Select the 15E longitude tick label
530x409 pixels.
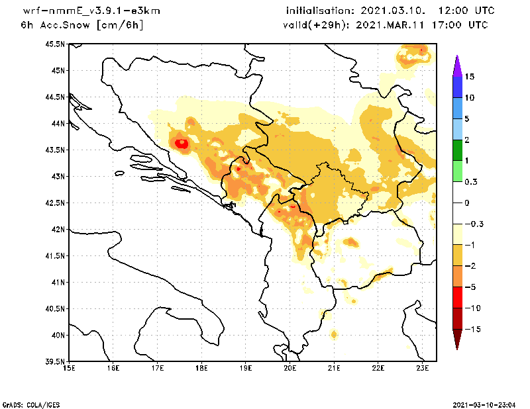pyautogui.click(x=69, y=368)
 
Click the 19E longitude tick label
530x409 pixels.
pyautogui.click(x=246, y=368)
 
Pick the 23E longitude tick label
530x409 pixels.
pyautogui.click(x=423, y=368)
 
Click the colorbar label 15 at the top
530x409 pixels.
pyautogui.click(x=469, y=77)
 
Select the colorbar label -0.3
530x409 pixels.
pyautogui.click(x=472, y=224)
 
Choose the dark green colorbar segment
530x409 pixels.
pyautogui.click(x=456, y=150)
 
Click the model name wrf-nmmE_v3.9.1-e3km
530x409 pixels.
pyautogui.click(x=82, y=11)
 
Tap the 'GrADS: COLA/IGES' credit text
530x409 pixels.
pyautogui.click(x=25, y=404)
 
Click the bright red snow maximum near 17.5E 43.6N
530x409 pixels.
pyautogui.click(x=182, y=142)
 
